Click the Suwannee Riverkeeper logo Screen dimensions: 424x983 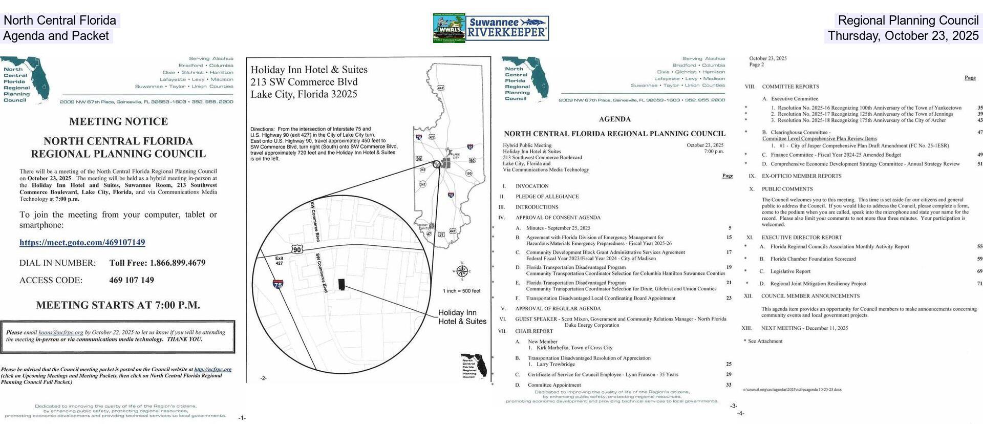pos(507,28)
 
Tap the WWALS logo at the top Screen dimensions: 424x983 pos(449,28)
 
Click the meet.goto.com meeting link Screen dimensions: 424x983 pos(82,242)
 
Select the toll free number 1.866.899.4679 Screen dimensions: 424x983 pos(157,263)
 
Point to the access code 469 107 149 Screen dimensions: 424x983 pos(132,280)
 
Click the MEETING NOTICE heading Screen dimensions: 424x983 pos(118,121)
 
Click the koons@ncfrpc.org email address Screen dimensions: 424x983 pos(60,332)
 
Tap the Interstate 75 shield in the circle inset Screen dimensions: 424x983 pos(278,285)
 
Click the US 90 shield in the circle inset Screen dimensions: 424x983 pos(297,249)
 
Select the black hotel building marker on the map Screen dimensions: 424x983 pos(341,284)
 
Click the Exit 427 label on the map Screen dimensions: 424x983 pos(279,261)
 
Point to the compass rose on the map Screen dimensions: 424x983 pos(462,271)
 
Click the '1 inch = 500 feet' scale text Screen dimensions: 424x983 pos(461,291)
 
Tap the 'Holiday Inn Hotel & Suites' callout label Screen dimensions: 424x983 pos(462,317)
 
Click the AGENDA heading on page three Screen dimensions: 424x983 pos(614,119)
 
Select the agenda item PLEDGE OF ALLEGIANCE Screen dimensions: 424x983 pos(547,197)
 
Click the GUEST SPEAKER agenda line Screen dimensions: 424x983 pos(620,319)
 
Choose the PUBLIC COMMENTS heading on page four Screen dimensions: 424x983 pos(780,189)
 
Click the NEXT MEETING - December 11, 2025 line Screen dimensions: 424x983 pos(804,328)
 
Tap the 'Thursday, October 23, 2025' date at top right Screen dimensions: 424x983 pos(903,36)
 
